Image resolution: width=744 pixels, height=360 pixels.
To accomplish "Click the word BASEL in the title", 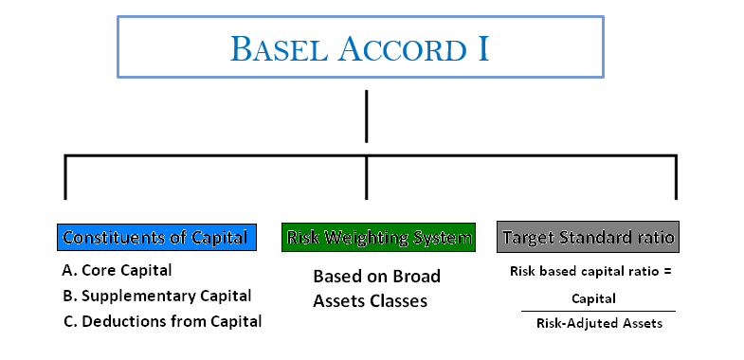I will pyautogui.click(x=278, y=47).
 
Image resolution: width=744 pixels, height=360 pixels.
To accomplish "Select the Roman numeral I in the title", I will pyautogui.click(x=482, y=47).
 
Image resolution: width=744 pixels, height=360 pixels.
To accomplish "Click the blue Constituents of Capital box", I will pyautogui.click(x=156, y=237).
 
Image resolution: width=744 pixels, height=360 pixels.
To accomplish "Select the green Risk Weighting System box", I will pyautogui.click(x=378, y=237).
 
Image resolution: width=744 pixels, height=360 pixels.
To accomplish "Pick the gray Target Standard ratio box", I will pyautogui.click(x=588, y=237).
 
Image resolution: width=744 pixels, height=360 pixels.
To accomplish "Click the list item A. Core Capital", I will pyautogui.click(x=117, y=270).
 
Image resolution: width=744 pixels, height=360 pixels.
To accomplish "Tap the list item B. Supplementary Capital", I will pyautogui.click(x=156, y=296).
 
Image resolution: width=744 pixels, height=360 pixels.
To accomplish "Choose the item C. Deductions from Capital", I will pyautogui.click(x=161, y=321).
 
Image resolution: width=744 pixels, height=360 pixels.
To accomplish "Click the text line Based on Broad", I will pyautogui.click(x=377, y=277).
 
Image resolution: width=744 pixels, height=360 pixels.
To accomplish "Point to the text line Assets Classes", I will pyautogui.click(x=371, y=301).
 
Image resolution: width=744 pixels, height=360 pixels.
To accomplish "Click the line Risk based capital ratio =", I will pyautogui.click(x=591, y=272).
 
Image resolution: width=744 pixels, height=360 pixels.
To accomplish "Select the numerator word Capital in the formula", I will pyautogui.click(x=593, y=298).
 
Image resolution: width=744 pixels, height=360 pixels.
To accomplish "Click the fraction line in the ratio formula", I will pyautogui.click(x=597, y=311).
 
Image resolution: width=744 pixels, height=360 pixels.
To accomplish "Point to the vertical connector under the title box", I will pyautogui.click(x=366, y=116).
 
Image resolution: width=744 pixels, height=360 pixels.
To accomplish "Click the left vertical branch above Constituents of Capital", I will pyautogui.click(x=64, y=177).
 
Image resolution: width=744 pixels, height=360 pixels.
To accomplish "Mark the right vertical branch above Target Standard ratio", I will pyautogui.click(x=676, y=177).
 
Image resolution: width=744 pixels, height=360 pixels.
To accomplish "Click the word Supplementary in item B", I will pyautogui.click(x=141, y=296).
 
